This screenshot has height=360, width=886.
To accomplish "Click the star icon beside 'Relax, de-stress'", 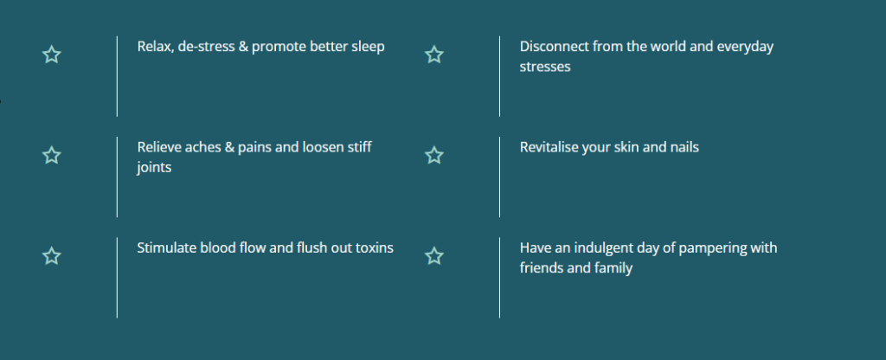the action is [x=51, y=55].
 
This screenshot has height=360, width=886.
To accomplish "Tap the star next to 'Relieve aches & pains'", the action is [x=51, y=156].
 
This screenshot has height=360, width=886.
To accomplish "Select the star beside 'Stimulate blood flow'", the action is [x=51, y=256].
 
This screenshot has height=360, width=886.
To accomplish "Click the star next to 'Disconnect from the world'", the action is [x=434, y=55].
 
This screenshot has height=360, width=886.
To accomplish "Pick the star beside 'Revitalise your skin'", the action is [x=434, y=156].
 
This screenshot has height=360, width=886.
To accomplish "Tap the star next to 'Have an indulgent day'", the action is [x=434, y=256].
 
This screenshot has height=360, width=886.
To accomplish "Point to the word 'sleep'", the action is [x=368, y=48].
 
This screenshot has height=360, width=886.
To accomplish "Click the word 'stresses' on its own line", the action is [x=545, y=67].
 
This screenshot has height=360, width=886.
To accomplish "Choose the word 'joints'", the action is [x=154, y=168].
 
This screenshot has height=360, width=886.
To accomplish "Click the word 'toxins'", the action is [x=375, y=247].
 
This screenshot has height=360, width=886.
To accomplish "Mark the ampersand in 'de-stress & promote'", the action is [x=243, y=47].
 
